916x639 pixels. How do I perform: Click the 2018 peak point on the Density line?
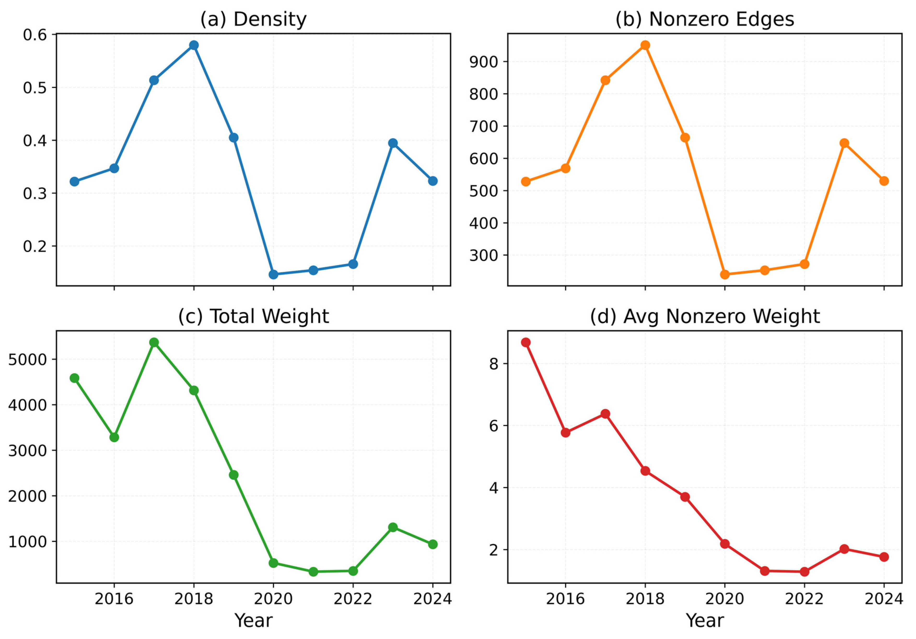tap(194, 45)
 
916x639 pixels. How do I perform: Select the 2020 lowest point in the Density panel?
tap(273, 274)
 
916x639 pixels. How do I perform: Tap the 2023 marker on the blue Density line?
tap(393, 143)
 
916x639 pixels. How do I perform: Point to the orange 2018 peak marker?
tap(645, 45)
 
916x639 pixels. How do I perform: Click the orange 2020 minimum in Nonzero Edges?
tap(725, 274)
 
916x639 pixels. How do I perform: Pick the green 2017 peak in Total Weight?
tap(154, 342)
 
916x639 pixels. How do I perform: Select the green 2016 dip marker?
tap(114, 437)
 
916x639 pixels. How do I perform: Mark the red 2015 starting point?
tap(526, 342)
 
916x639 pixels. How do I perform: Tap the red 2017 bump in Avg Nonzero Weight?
tap(605, 414)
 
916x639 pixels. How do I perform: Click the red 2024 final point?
tap(884, 557)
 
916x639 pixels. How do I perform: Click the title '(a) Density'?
tap(253, 19)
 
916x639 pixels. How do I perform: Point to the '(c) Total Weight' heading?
tap(253, 316)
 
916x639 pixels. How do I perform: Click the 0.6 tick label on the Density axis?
tap(35, 35)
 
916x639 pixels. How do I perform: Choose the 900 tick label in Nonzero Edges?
tap(483, 62)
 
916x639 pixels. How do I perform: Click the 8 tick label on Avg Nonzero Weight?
tap(494, 364)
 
